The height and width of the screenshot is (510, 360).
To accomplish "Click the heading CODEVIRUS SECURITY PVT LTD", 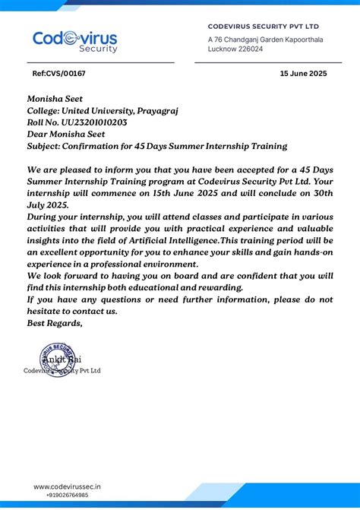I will pos(263,27).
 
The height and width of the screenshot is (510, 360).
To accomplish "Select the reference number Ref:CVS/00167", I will pos(58,74).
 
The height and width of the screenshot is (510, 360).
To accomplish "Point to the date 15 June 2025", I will pos(303,74).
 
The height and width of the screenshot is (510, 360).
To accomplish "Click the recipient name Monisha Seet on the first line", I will pos(55,99).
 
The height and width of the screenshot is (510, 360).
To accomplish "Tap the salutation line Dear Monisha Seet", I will pos(68,134).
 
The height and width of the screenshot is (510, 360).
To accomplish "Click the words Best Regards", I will pos(55,323).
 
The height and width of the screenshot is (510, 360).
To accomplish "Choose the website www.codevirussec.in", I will pos(68,486).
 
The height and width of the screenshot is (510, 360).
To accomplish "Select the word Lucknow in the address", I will pos(220,49).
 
